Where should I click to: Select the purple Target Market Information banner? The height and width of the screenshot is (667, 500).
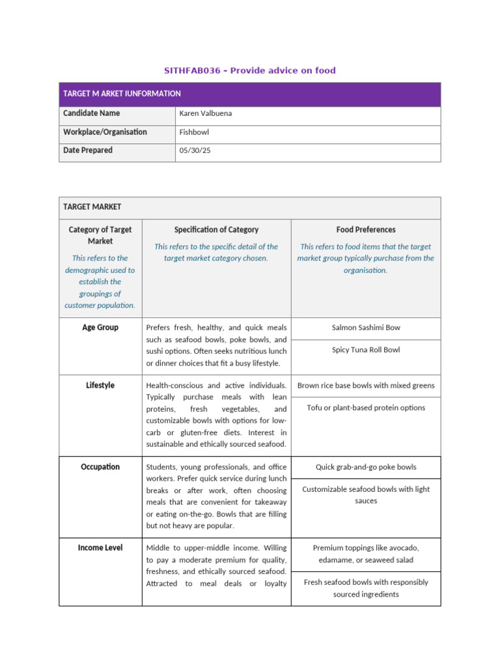249,94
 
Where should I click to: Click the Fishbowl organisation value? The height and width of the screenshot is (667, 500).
195,132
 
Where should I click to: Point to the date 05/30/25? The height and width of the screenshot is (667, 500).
195,150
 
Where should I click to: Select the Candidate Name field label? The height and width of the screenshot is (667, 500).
91,113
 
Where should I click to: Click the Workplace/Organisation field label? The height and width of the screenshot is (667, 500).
105,132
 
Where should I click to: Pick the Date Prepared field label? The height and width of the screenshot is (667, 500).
88,150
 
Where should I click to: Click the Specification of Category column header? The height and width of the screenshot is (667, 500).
216,229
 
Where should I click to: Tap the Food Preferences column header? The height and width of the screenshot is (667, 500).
366,229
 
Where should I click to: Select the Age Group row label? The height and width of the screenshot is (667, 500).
100,328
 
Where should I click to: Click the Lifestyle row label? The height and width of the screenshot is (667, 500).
100,386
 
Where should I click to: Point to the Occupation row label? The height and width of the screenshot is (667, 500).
100,467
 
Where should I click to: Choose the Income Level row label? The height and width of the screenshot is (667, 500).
100,548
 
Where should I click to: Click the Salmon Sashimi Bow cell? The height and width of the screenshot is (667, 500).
366,328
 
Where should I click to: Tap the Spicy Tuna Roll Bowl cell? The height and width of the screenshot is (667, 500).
366,350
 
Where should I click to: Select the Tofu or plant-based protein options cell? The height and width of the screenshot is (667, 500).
366,408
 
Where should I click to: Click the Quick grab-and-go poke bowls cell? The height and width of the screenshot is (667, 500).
366,467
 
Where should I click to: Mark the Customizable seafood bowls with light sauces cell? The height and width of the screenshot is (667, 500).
366,495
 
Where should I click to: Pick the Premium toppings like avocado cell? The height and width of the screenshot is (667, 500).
366,554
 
